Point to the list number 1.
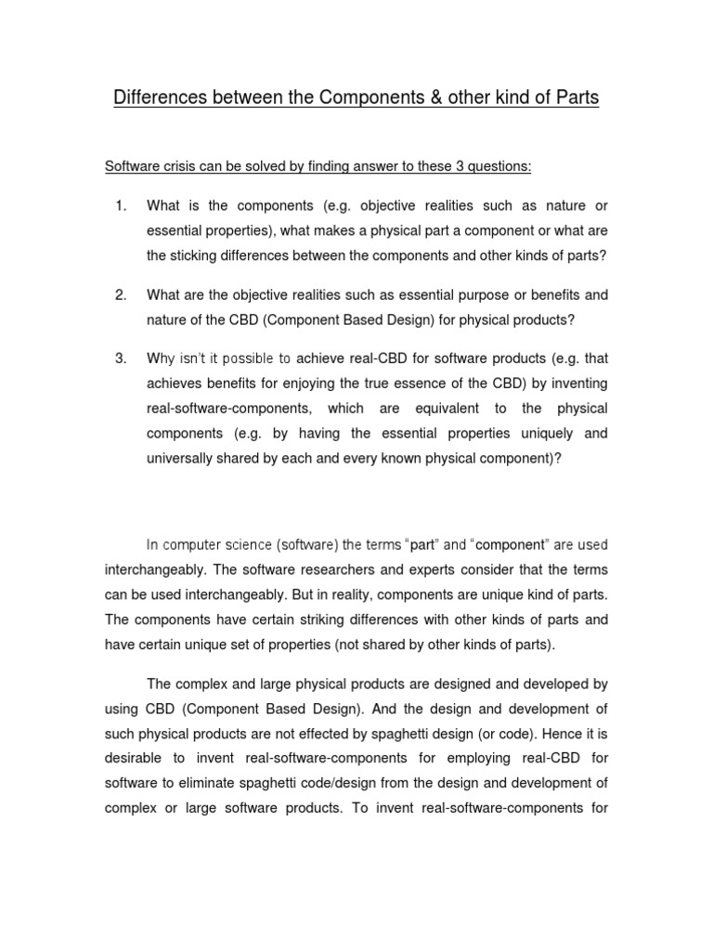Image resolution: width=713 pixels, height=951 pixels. point(120,205)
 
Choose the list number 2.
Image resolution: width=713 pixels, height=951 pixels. point(120,295)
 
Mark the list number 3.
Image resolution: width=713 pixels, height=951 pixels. point(120,358)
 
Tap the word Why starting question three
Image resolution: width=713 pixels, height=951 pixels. point(161,358)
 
